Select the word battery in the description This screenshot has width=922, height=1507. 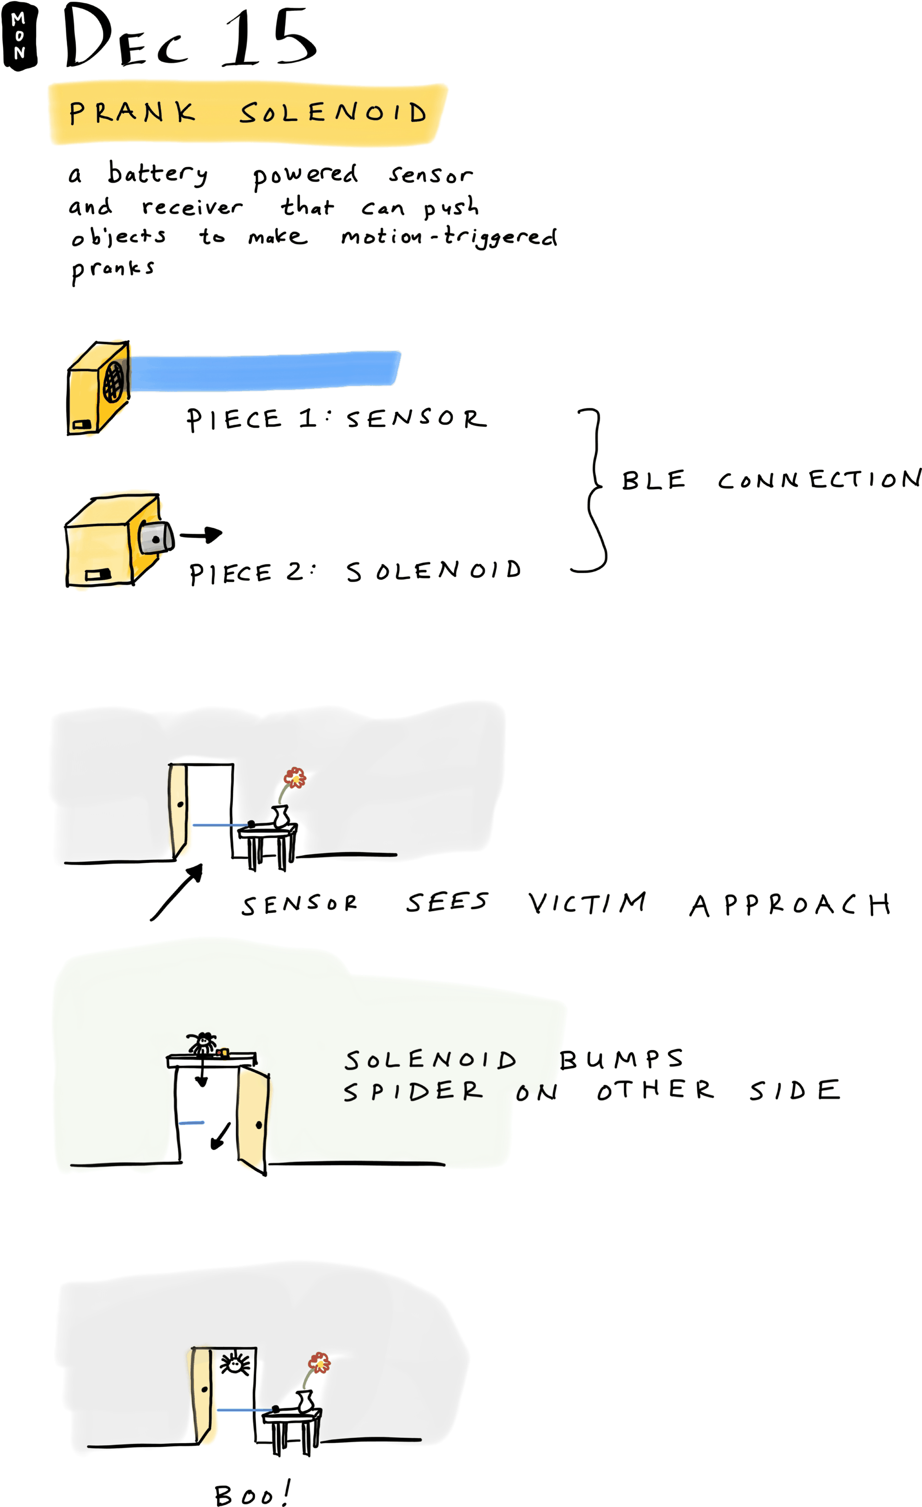(x=158, y=174)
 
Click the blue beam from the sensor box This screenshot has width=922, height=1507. (x=263, y=371)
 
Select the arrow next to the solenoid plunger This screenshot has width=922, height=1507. (x=202, y=535)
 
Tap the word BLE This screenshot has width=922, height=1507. (x=653, y=481)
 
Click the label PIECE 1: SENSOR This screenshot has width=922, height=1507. (x=336, y=419)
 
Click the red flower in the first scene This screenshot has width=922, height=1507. (x=295, y=778)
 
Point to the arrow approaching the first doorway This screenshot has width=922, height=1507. (x=177, y=892)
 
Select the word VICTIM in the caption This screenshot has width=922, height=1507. (x=587, y=903)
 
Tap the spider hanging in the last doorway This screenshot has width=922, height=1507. (x=235, y=1364)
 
